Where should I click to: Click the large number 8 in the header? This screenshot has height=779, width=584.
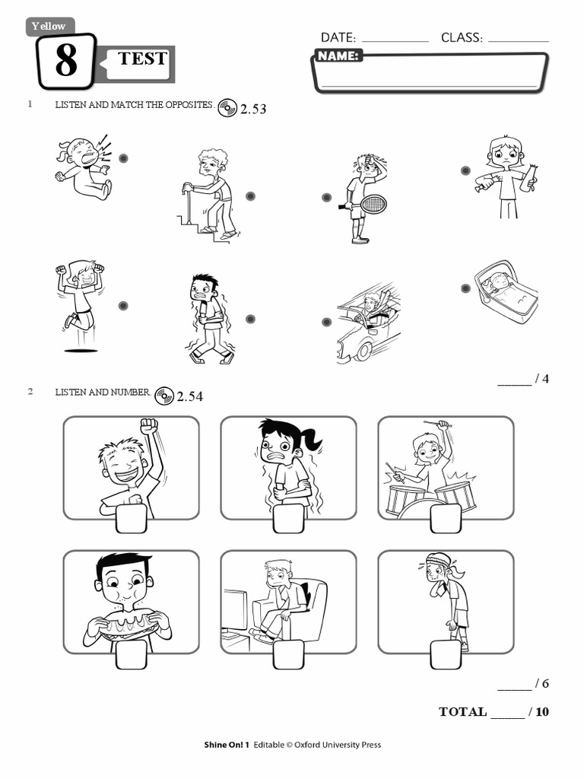pos(66,62)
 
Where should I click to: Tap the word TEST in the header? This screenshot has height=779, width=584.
pos(142,59)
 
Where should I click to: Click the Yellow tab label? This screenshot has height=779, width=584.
pos(49,26)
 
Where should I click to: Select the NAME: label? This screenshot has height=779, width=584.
pos(338,56)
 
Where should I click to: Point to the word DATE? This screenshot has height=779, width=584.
pos(338,37)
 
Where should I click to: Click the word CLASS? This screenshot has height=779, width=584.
pos(462,37)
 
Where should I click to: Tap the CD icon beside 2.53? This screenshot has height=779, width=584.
pos(227,108)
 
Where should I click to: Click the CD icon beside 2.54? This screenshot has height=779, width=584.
pos(164,396)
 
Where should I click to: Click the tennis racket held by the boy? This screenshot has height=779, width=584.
pos(373,204)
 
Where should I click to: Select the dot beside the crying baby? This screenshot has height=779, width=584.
pos(123,158)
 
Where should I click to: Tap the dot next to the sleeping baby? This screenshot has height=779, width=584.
pos(465,288)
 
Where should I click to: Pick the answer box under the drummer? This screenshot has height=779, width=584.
pos(446,518)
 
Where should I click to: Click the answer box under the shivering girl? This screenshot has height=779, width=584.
pos(288,518)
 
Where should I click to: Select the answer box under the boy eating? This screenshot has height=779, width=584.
pos(131,653)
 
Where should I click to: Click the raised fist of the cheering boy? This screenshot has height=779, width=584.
pos(148,426)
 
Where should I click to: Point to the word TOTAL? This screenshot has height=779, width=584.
pos(462,712)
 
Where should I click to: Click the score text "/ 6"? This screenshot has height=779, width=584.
pos(541,683)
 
